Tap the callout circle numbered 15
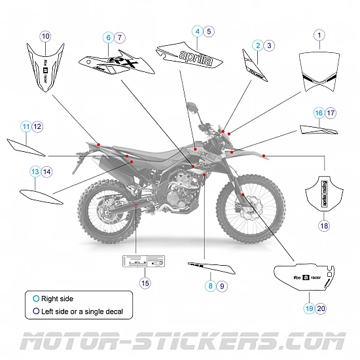coord(145,283)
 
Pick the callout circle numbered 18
coord(324,226)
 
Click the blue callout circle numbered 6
coord(108,38)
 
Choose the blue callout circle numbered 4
coord(196,31)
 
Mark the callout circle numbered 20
coord(320,308)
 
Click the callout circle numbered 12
coord(37,126)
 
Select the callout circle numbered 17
coord(331,113)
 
